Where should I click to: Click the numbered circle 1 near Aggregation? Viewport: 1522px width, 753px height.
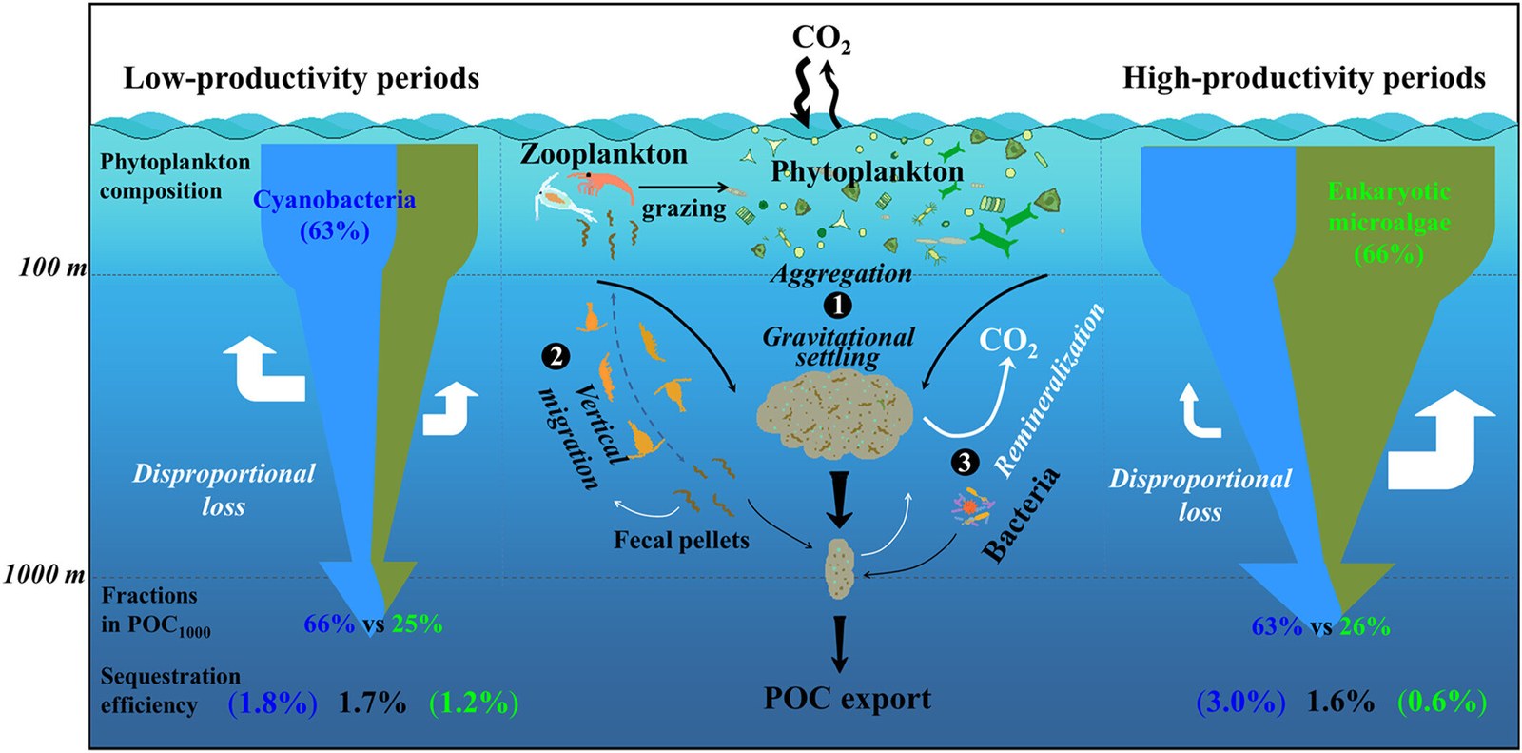(837, 306)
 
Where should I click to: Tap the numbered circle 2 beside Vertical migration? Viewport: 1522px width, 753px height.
(556, 356)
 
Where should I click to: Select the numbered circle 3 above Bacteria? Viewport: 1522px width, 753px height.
(965, 464)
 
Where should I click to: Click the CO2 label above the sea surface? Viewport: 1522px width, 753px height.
(821, 39)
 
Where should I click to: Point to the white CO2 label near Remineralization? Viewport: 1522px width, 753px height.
(1008, 342)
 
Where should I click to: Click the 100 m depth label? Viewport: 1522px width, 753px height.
(52, 268)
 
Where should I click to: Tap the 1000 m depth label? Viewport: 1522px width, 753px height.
(45, 576)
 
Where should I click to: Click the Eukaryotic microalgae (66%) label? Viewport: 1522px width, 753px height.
(1389, 223)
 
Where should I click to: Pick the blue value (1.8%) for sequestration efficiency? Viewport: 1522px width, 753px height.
(272, 703)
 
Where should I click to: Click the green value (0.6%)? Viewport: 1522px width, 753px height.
(1441, 703)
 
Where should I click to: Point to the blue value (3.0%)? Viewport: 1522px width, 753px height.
(1240, 703)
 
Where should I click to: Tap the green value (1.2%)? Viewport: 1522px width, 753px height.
(474, 703)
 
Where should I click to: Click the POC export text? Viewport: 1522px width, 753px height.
(848, 700)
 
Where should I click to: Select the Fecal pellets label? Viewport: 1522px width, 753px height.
(681, 540)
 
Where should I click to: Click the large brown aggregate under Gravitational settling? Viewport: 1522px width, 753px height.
(834, 412)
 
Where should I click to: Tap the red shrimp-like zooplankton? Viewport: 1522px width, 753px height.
(599, 184)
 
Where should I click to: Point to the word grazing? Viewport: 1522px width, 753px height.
(684, 208)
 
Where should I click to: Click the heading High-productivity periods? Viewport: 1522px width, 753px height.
(1304, 78)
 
